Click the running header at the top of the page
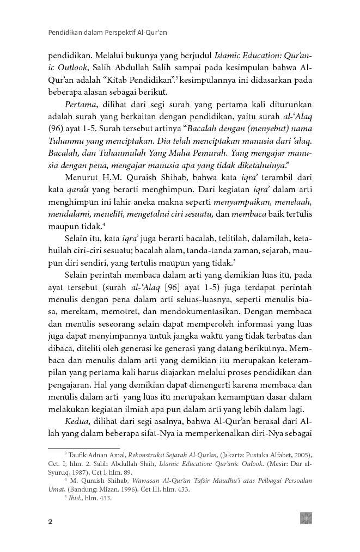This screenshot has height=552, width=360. point(107,32)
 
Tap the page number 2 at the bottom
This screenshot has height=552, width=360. point(51,522)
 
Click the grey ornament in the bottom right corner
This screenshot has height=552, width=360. point(306,518)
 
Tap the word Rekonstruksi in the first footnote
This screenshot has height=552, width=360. point(149,455)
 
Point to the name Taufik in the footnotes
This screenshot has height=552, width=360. point(78,455)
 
